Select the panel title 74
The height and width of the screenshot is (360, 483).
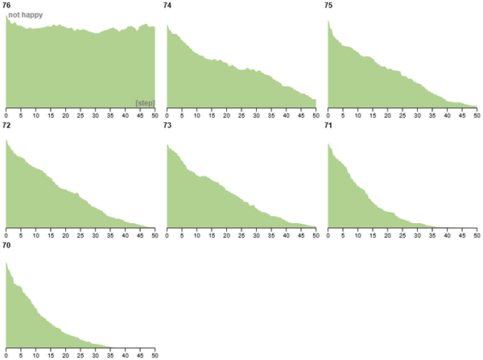[167, 6]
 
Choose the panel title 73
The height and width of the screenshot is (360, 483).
[167, 126]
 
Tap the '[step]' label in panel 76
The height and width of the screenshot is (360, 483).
[145, 102]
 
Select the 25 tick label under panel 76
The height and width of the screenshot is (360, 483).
[80, 114]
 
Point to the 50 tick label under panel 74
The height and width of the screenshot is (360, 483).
[316, 114]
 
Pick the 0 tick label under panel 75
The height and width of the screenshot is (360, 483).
[328, 114]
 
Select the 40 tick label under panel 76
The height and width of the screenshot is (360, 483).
[125, 114]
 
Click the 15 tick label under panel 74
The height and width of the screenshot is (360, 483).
[212, 114]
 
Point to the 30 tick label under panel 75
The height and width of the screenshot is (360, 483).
[417, 114]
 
